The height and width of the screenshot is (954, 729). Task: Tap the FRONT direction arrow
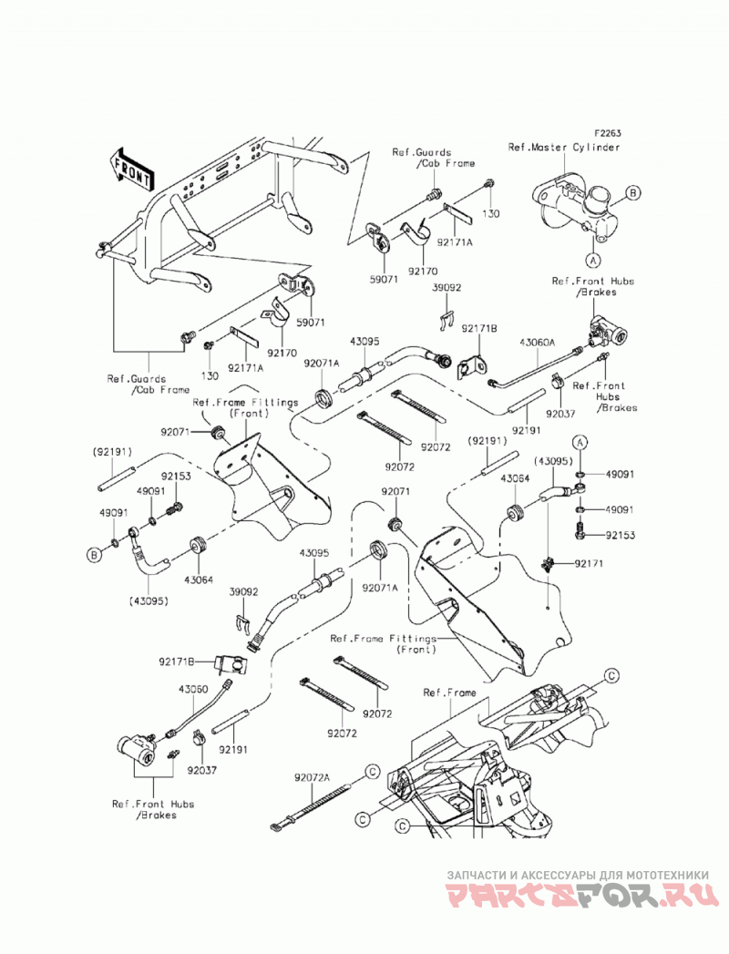pos(129,168)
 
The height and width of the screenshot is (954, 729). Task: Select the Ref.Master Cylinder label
pos(564,147)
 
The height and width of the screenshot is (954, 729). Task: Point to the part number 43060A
pos(538,343)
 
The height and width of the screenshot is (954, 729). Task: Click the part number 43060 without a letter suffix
pos(193,690)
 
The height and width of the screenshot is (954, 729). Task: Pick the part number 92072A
pos(312,777)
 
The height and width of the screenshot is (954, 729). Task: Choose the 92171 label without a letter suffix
pos(589,563)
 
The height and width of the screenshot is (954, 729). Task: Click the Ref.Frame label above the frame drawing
pos(449,692)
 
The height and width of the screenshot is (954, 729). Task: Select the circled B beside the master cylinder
pos(632,193)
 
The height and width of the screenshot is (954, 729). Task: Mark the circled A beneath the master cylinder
pos(592,261)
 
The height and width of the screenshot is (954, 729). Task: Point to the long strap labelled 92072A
pos(311,806)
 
